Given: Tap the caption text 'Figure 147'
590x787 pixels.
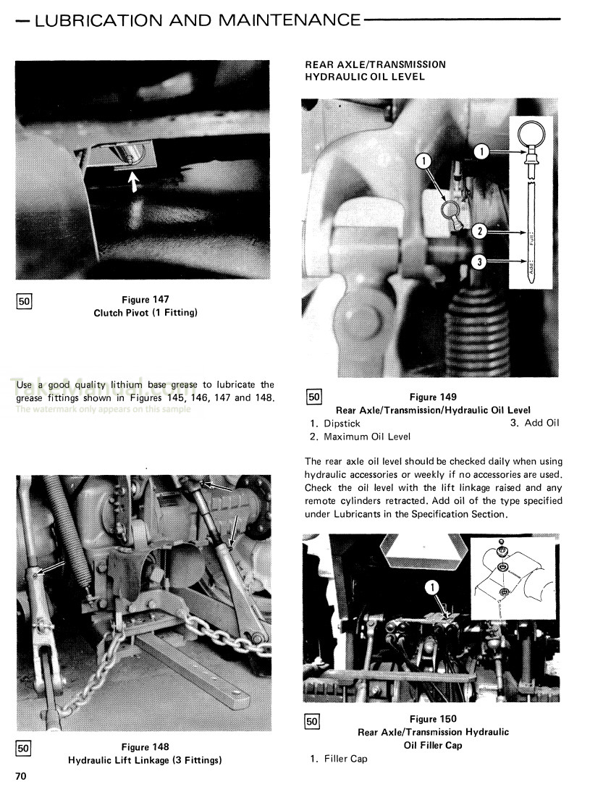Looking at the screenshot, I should click(145, 300).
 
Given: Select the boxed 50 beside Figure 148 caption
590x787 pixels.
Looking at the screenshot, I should click(23, 749).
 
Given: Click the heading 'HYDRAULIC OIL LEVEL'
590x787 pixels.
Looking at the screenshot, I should click(365, 77).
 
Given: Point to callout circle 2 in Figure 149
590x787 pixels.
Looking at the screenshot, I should click(479, 232).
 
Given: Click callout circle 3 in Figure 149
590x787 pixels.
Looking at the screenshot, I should click(479, 262).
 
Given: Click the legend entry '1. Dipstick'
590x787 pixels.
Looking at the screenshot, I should click(334, 424).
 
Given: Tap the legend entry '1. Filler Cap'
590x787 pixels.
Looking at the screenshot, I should click(338, 759).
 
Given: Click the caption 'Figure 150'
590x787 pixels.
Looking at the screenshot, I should click(433, 719).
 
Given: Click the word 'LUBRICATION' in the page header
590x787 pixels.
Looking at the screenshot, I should click(98, 20).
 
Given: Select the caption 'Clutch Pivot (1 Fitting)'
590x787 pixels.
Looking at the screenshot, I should click(146, 313).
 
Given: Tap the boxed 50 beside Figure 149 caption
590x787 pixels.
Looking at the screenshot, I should click(313, 397).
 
